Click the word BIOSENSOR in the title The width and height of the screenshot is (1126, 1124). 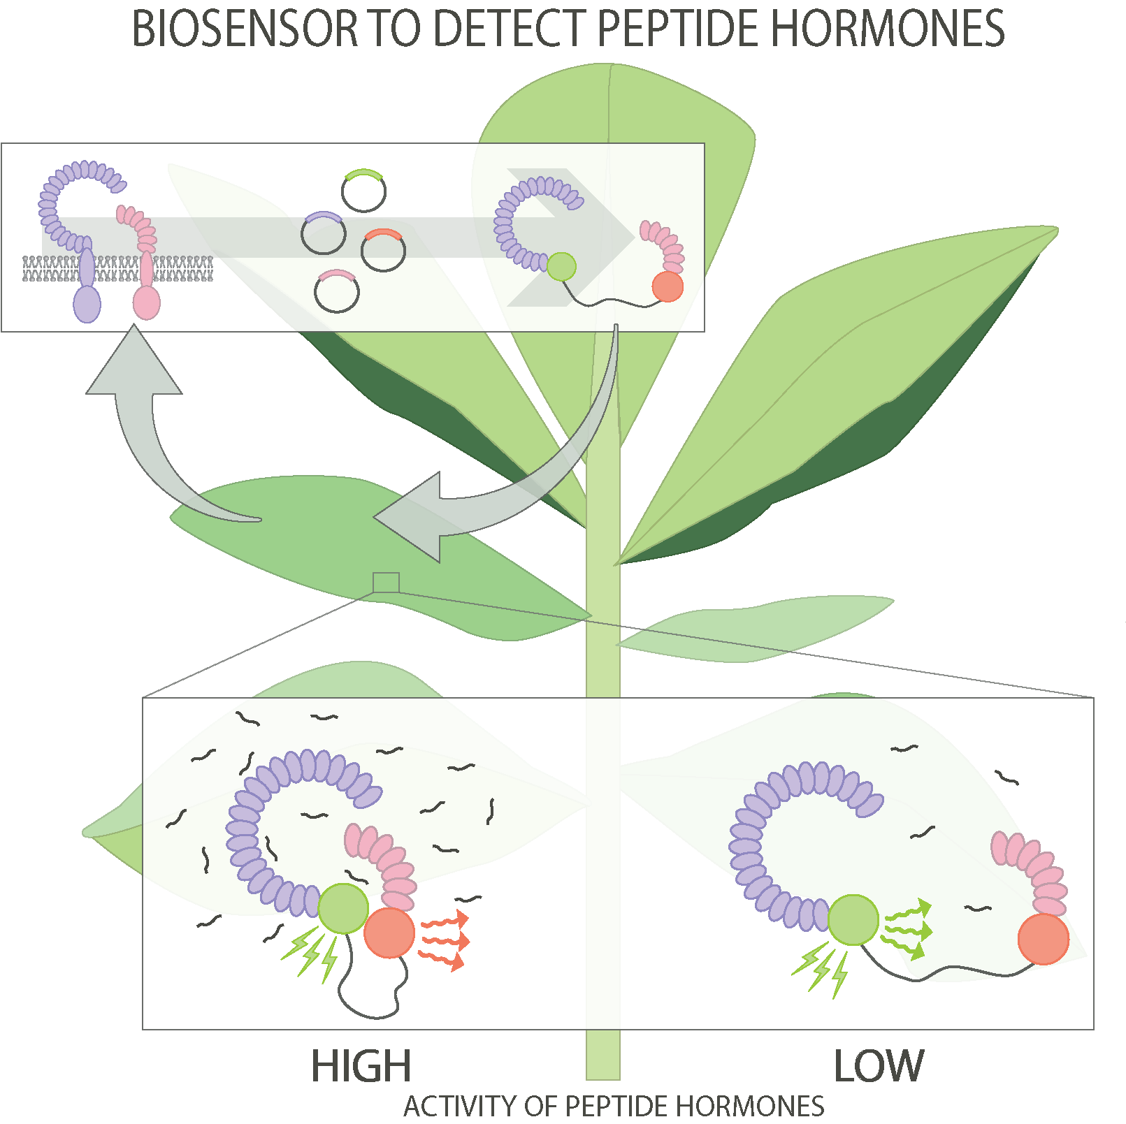245,29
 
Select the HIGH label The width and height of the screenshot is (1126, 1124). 361,1066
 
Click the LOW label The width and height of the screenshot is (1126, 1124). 879,1066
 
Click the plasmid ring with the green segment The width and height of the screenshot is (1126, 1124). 364,191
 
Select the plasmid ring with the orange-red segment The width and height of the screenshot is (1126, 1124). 383,250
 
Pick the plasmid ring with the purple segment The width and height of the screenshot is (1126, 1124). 324,233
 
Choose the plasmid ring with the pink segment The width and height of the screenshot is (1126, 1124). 337,291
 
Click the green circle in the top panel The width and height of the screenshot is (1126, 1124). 561,267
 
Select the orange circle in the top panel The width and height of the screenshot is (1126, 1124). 667,286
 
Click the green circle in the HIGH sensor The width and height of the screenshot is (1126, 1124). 343,908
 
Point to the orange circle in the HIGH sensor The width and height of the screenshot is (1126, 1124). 389,933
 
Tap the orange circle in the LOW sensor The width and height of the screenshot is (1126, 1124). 1043,940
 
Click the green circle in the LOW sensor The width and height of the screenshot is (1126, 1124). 853,920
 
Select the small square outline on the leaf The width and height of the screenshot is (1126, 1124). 386,583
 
